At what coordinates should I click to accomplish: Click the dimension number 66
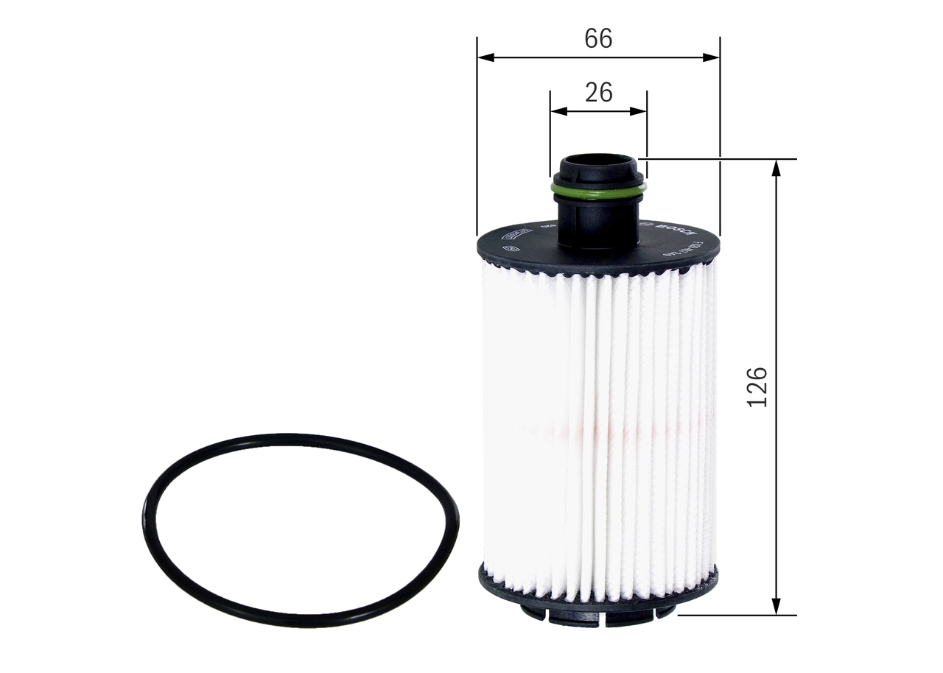[x=598, y=38]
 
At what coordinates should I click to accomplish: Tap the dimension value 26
[x=598, y=92]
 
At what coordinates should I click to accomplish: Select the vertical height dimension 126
[x=757, y=387]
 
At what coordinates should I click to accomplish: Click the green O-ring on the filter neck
[x=598, y=193]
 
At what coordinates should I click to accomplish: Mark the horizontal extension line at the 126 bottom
[x=737, y=615]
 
